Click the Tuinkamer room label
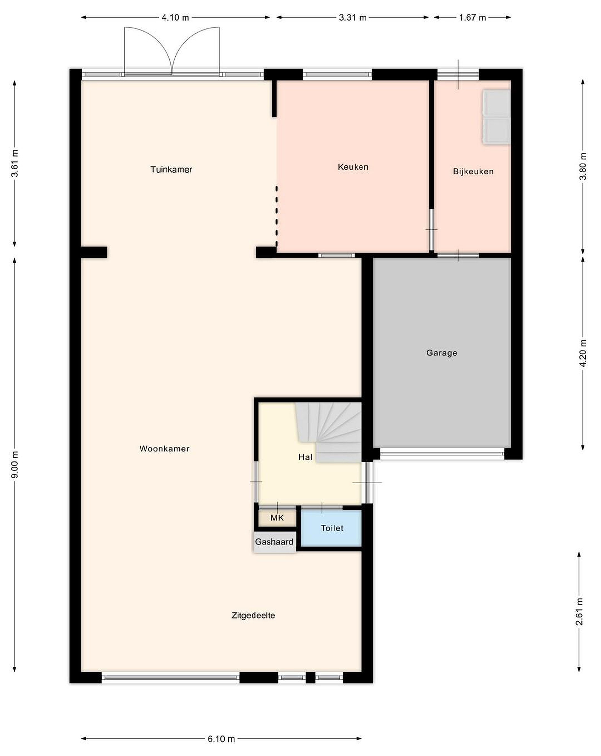click(x=171, y=169)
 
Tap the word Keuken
click(x=353, y=167)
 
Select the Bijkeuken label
click(x=473, y=171)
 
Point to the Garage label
click(x=442, y=353)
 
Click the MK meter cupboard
click(x=277, y=518)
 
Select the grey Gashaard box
click(x=275, y=542)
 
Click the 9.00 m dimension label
click(x=15, y=464)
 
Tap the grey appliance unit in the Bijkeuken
click(x=496, y=117)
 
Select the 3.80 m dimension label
click(x=583, y=166)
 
